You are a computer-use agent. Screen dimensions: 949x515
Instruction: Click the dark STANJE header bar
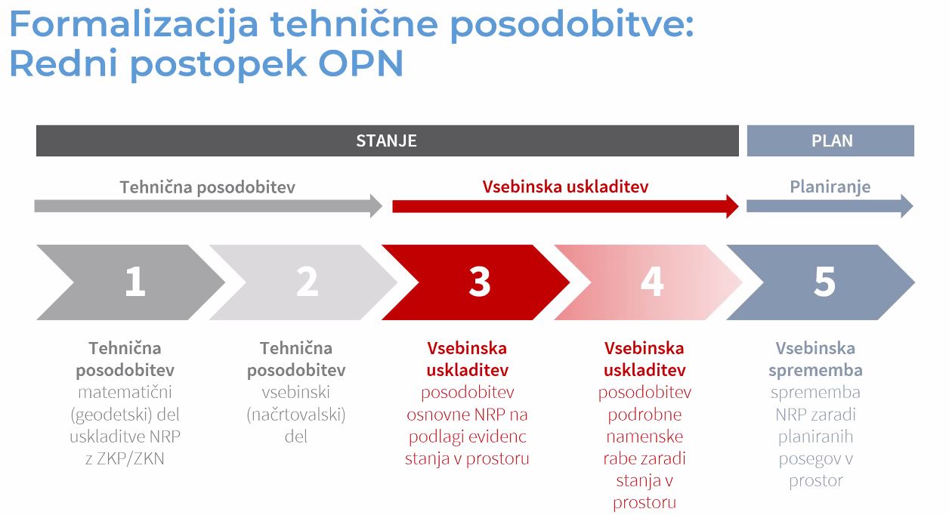[387, 140]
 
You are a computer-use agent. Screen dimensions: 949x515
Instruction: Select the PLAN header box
[830, 140]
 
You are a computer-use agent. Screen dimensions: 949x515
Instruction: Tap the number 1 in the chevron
[135, 281]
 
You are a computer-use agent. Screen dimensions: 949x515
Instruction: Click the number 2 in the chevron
[308, 281]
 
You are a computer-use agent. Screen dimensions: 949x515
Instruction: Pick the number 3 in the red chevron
[480, 281]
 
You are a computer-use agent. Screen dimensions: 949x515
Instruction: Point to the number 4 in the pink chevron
[652, 281]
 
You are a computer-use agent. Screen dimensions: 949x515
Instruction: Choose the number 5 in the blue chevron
[824, 281]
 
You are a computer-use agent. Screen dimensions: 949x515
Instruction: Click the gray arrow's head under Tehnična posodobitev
[376, 206]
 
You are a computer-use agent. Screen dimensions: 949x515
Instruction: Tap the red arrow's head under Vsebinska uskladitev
[732, 206]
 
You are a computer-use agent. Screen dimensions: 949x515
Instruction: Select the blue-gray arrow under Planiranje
[830, 206]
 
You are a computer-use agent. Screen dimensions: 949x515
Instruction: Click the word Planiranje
[830, 187]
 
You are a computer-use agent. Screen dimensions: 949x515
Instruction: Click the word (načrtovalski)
[296, 415]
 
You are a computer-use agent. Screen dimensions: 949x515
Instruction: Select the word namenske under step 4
[645, 436]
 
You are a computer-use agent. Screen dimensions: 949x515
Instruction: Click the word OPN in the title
[360, 63]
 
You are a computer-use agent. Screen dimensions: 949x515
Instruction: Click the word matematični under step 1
[125, 392]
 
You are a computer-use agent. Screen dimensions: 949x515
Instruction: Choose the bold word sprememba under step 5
[815, 371]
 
